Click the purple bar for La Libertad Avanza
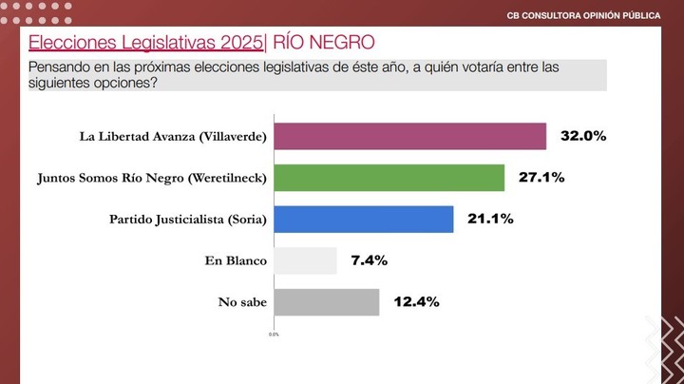409,136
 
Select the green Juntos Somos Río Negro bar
389,178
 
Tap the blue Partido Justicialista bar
363,220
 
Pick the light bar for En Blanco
305,260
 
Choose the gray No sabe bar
326,302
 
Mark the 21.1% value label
490,220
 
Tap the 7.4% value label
369,260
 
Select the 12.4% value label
415,302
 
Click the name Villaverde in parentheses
233,136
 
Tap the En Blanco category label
236,260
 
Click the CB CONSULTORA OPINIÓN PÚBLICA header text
583,15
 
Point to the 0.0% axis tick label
274,335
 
